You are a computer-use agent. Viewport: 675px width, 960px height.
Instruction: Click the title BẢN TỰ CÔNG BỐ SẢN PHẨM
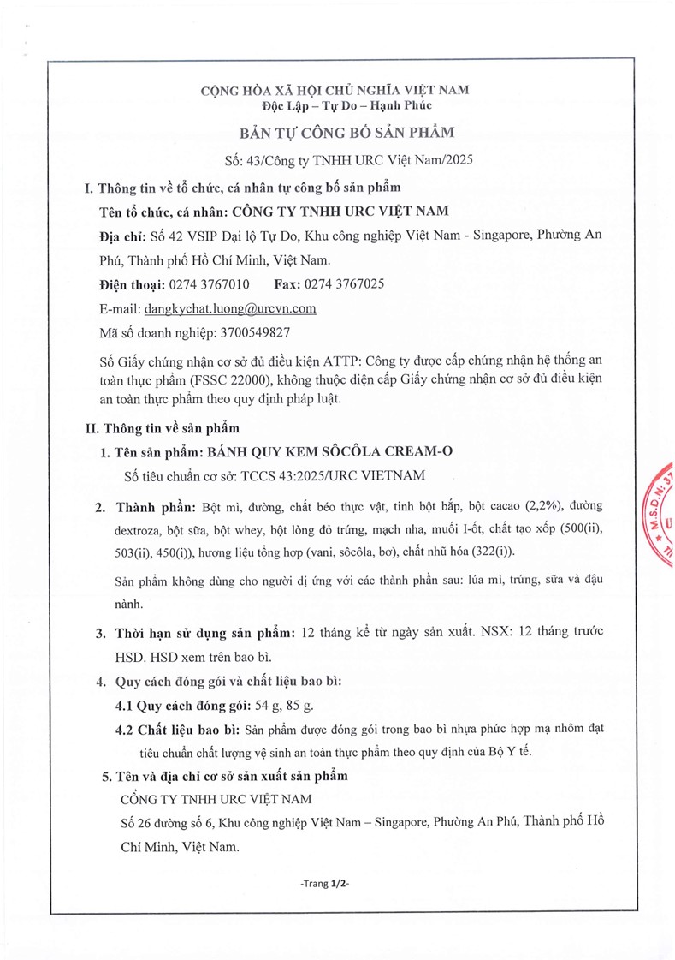[x=335, y=133]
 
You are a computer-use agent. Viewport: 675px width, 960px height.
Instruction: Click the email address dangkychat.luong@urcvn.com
[x=231, y=308]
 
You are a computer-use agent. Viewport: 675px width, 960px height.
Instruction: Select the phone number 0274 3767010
[x=210, y=284]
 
